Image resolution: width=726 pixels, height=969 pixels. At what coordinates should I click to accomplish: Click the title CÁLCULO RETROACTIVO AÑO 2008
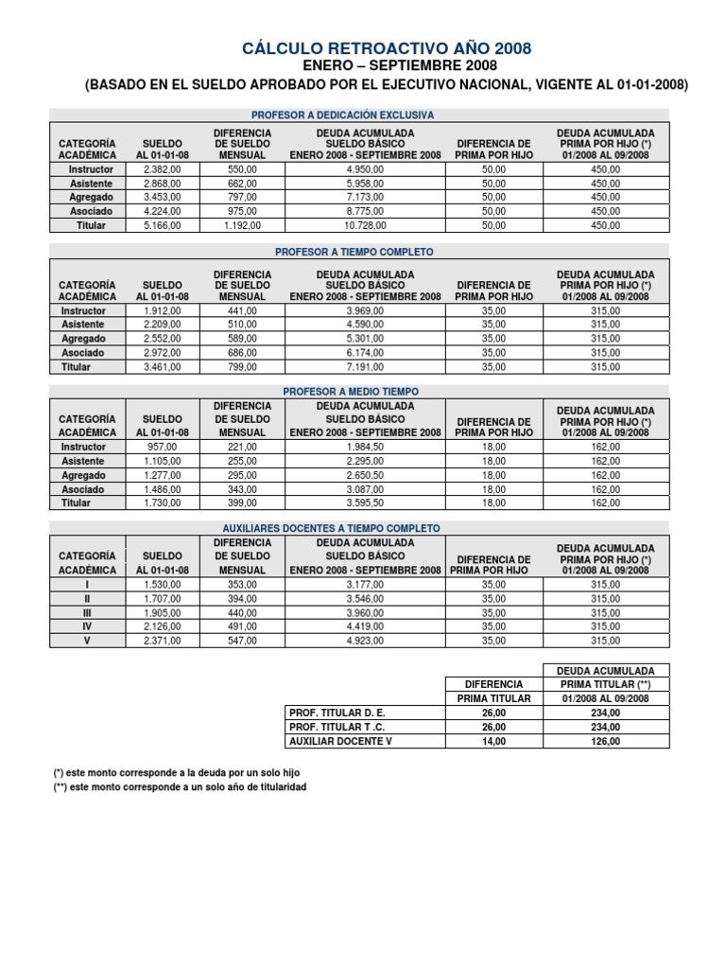pos(387,47)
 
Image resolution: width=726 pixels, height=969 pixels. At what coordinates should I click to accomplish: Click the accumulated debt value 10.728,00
pos(366,226)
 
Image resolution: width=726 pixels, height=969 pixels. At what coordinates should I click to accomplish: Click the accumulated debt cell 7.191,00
pos(366,367)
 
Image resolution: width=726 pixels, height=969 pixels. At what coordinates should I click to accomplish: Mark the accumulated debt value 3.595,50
pos(366,503)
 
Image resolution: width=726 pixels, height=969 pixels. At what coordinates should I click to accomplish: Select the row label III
pos(87,613)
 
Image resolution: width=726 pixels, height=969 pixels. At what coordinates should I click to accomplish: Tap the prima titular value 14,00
pos(494,741)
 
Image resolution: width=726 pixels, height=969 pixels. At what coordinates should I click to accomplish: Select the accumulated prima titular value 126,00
pos(605,741)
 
